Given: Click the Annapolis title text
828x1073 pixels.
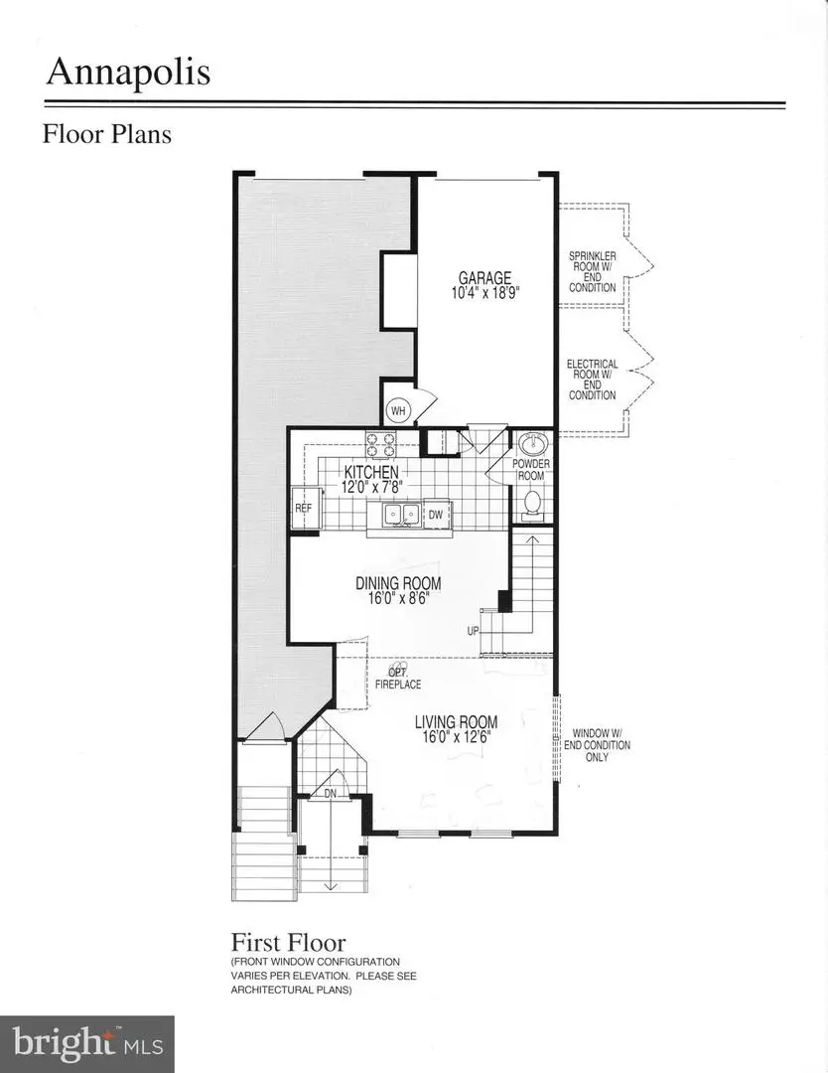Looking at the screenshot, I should pyautogui.click(x=126, y=73).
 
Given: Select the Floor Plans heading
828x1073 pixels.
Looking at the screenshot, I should pyautogui.click(x=106, y=133).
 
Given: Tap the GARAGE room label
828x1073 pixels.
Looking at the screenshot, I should pyautogui.click(x=483, y=278).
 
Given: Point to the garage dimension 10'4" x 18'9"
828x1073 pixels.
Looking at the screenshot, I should pyautogui.click(x=483, y=294).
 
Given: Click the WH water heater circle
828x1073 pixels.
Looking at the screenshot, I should pyautogui.click(x=399, y=410).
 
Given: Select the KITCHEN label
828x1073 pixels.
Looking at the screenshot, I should pyautogui.click(x=371, y=472).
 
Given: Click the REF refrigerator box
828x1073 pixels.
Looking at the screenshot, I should pyautogui.click(x=303, y=508).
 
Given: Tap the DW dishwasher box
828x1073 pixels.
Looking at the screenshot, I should pyautogui.click(x=436, y=514).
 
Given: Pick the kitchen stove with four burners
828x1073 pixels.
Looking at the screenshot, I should pyautogui.click(x=379, y=442).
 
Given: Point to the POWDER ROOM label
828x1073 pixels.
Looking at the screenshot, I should pyautogui.click(x=531, y=470).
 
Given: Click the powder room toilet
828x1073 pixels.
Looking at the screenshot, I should pyautogui.click(x=532, y=502).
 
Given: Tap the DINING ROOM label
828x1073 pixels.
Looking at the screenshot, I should pyautogui.click(x=398, y=583).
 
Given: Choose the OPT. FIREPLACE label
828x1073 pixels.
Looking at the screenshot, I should pyautogui.click(x=397, y=678).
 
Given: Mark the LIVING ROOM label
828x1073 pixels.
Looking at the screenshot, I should pyautogui.click(x=456, y=722).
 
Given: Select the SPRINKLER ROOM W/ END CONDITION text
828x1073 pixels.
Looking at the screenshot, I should pyautogui.click(x=592, y=271).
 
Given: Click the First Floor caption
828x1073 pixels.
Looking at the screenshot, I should pyautogui.click(x=288, y=942).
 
